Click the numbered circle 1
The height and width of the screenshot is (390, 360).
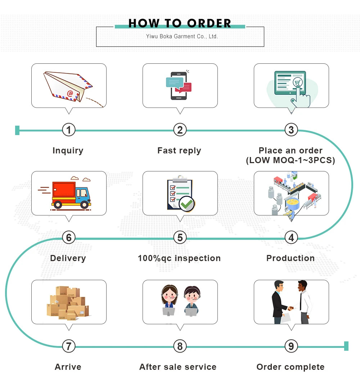coord(69,130)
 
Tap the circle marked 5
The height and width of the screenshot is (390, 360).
coord(180,237)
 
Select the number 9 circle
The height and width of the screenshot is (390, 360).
coord(291,346)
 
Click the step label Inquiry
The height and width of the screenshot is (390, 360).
coord(68,151)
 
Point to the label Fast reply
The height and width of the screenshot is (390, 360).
coord(179,151)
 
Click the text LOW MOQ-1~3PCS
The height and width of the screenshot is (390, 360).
coord(291,160)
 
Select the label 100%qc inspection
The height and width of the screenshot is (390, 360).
coord(179,258)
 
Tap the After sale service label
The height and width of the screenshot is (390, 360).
coord(178,367)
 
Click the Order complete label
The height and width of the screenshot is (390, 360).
coord(291,367)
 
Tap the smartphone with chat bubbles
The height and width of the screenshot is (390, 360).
coord(179,86)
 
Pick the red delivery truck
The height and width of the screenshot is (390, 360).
coord(71,195)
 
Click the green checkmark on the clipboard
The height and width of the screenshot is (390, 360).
coord(187,204)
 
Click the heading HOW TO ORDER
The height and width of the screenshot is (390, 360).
coord(180,23)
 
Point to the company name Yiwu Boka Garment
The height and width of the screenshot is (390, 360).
coord(182,36)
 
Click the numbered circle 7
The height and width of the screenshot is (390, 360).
coord(69,346)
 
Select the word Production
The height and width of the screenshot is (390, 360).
coord(291,258)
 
